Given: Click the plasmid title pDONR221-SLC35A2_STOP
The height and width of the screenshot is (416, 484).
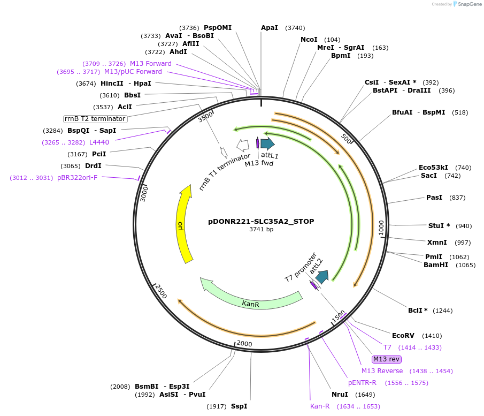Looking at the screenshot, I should pos(261,221).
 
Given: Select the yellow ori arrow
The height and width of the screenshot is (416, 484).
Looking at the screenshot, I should pos(183,225).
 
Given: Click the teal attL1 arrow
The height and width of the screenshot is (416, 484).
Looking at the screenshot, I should pos(267,143).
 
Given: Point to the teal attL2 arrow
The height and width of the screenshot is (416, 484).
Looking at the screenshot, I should pos(322,277).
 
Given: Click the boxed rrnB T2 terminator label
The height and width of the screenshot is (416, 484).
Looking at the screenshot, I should pos(95,119).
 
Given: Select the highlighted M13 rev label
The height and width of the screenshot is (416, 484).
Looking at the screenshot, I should pos(387,359).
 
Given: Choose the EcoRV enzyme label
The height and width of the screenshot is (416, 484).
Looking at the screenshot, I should pos(403,336).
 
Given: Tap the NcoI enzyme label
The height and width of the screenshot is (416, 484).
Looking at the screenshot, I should pos(309,40).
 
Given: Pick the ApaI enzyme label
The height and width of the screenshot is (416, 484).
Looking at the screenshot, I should pos(270,28).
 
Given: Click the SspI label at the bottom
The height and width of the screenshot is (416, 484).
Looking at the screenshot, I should pos(239,406).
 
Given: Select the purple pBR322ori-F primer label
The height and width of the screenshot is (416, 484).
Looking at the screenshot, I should pos(77,178).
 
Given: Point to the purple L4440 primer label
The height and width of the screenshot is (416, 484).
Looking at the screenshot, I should pos(99,142).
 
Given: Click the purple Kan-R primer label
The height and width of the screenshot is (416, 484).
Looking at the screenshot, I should pos(320,406).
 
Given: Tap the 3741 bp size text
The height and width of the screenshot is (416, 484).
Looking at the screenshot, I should pos(261,230).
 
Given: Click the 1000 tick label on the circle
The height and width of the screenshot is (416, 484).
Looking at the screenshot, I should pos(381,227).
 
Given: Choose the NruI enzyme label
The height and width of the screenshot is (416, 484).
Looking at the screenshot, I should pos(340,395).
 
